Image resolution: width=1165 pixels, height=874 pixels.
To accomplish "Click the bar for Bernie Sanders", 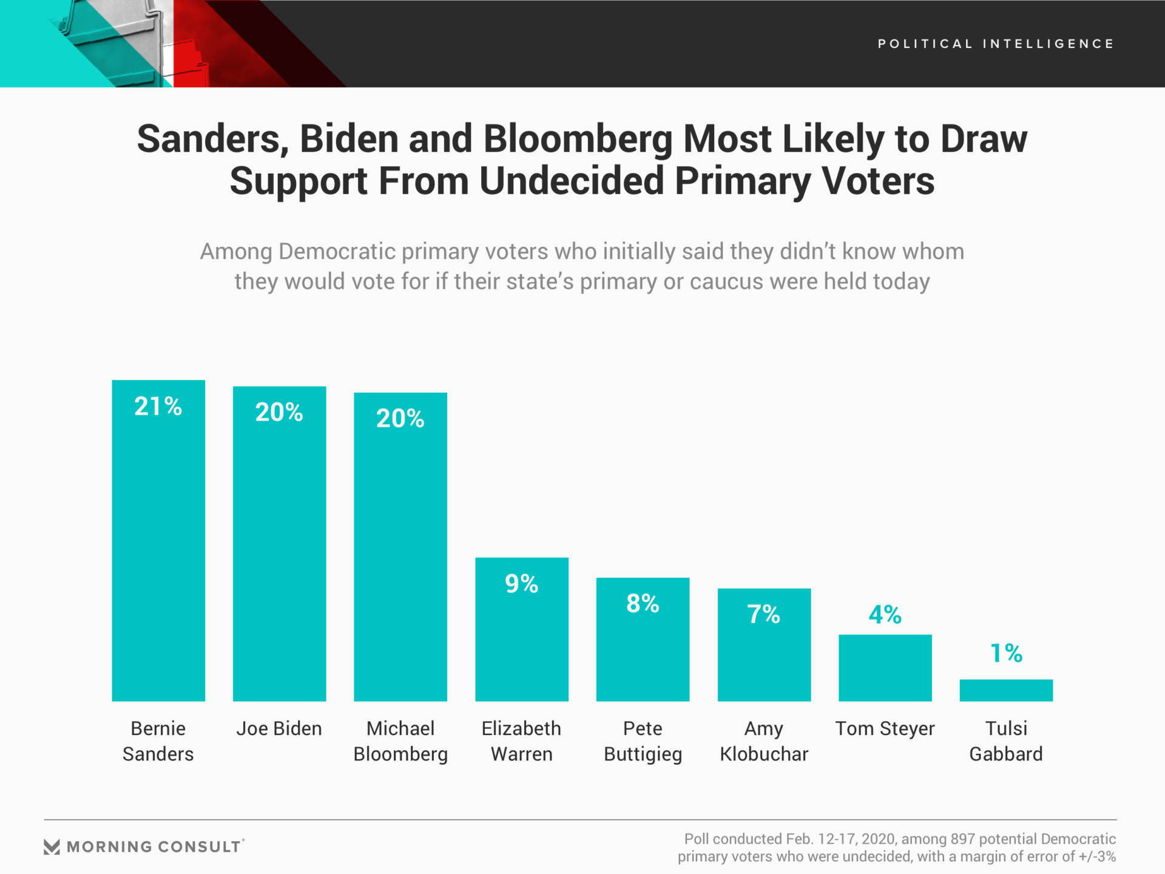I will pyautogui.click(x=158, y=546).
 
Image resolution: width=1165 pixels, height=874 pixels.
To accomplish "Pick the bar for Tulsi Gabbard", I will pyautogui.click(x=1006, y=690).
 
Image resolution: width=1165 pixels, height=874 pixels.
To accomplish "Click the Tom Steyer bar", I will pyautogui.click(x=885, y=668).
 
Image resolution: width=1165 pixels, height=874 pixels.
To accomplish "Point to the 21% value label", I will pyautogui.click(x=158, y=407).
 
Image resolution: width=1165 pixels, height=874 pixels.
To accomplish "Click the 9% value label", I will pyautogui.click(x=521, y=584).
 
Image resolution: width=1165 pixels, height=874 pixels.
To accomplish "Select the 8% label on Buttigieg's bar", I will pyautogui.click(x=643, y=604).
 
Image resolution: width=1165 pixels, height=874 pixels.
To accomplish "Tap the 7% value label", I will pyautogui.click(x=763, y=614).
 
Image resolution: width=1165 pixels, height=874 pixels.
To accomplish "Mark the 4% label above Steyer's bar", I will pyautogui.click(x=885, y=615).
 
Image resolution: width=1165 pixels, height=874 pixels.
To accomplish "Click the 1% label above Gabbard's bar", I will pyautogui.click(x=1006, y=654).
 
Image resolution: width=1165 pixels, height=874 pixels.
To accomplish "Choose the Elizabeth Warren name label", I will pyautogui.click(x=521, y=741).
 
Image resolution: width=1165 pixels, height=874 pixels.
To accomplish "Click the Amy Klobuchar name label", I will pyautogui.click(x=764, y=741).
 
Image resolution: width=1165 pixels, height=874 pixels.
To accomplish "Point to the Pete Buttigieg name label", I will pyautogui.click(x=643, y=741).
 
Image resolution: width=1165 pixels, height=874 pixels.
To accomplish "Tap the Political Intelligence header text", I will pyautogui.click(x=996, y=44).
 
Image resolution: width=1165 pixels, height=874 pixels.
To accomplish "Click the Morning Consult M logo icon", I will pyautogui.click(x=52, y=847).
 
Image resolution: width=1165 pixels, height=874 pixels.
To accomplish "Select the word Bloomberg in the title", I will pyautogui.click(x=578, y=139).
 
